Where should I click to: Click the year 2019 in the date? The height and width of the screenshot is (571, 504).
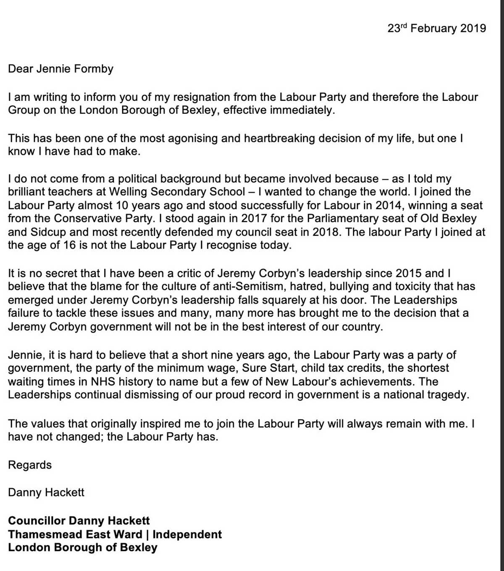point(473,29)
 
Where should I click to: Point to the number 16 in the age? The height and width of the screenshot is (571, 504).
point(70,246)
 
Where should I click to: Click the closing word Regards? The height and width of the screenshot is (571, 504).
point(30,465)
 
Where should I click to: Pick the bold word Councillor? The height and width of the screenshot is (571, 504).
point(37,521)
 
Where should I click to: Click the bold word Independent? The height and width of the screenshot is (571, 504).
point(187,534)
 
